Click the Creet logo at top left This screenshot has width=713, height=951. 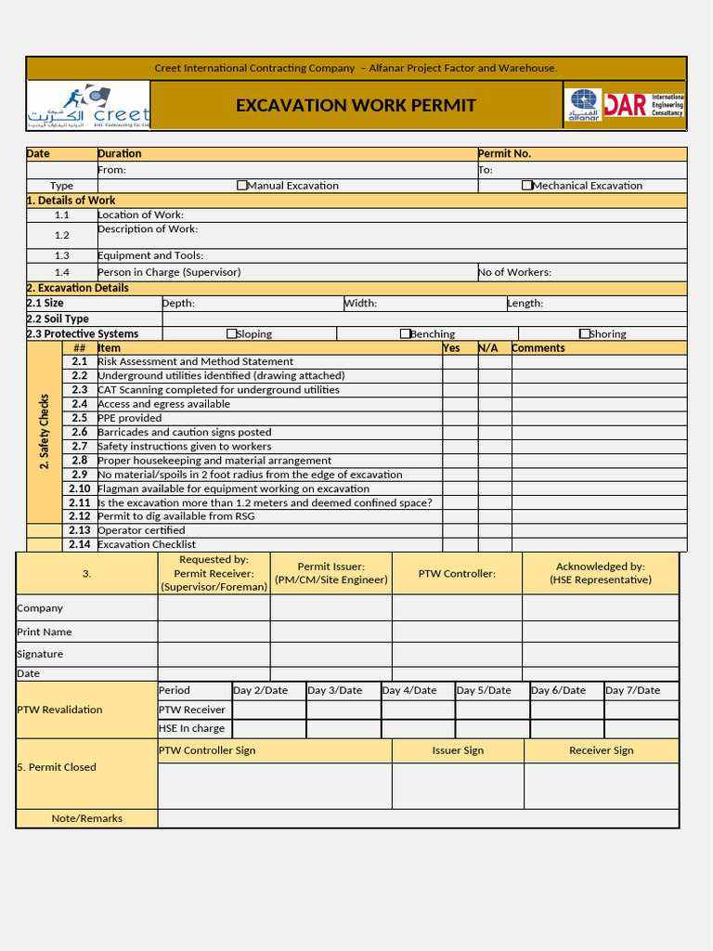pos(88,105)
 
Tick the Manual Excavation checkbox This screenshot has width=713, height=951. pos(242,186)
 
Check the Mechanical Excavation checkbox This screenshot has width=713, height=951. pos(527,186)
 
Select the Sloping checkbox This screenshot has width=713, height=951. pos(232,333)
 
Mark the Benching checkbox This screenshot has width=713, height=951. pos(405,333)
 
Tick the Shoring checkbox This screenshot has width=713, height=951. pos(584,333)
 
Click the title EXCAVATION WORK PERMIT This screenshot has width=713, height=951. pos(356,106)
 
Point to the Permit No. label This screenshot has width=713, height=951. pos(504,153)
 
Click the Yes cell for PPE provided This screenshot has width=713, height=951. pos(460,418)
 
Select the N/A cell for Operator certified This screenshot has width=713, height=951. pos(495,530)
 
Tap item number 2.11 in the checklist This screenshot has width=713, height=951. pos(80,502)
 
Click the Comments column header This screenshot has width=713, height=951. pos(538,348)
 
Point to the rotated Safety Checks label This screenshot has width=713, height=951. pos(44,432)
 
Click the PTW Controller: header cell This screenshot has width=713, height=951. pos(457,574)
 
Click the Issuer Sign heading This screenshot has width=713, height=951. pos(458,750)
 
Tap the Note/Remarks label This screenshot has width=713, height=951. pos(87,818)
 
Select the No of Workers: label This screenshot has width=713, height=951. pos(514,272)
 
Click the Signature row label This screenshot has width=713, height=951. pos(40,654)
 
